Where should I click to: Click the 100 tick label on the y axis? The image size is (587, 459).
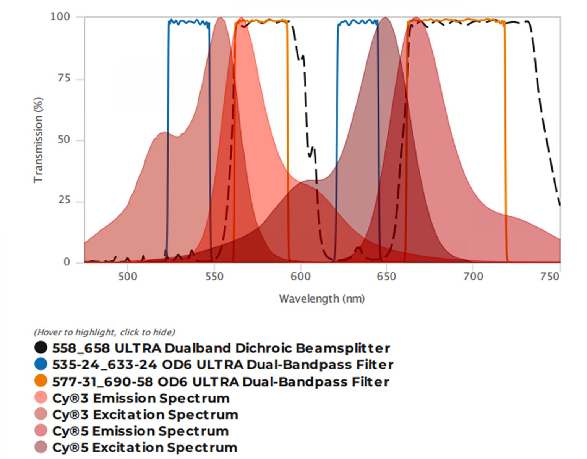click(x=60, y=17)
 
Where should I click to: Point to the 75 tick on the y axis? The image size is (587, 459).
click(x=64, y=78)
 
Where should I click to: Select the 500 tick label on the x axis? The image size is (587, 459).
click(x=128, y=277)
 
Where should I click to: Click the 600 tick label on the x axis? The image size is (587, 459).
click(x=301, y=277)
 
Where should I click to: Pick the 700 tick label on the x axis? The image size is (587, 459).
click(x=473, y=277)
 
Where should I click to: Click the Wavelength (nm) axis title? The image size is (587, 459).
click(x=322, y=299)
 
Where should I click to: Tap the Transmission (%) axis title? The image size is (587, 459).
click(x=38, y=140)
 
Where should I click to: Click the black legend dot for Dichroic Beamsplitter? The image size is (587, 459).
click(x=41, y=348)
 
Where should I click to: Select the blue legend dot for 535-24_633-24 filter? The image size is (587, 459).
click(x=41, y=364)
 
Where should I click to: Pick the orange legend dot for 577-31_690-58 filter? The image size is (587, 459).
click(x=41, y=381)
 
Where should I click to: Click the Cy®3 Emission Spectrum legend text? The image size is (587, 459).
click(x=141, y=398)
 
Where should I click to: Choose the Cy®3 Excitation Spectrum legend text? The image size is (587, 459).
click(x=145, y=415)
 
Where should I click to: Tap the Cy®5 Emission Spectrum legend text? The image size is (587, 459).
click(x=140, y=431)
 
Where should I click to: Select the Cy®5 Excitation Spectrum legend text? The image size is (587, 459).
click(x=145, y=448)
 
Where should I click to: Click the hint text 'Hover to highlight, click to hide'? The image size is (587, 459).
click(x=104, y=332)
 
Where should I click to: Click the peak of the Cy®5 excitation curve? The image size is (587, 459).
click(x=386, y=18)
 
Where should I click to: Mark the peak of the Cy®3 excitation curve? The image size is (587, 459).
click(x=220, y=18)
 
